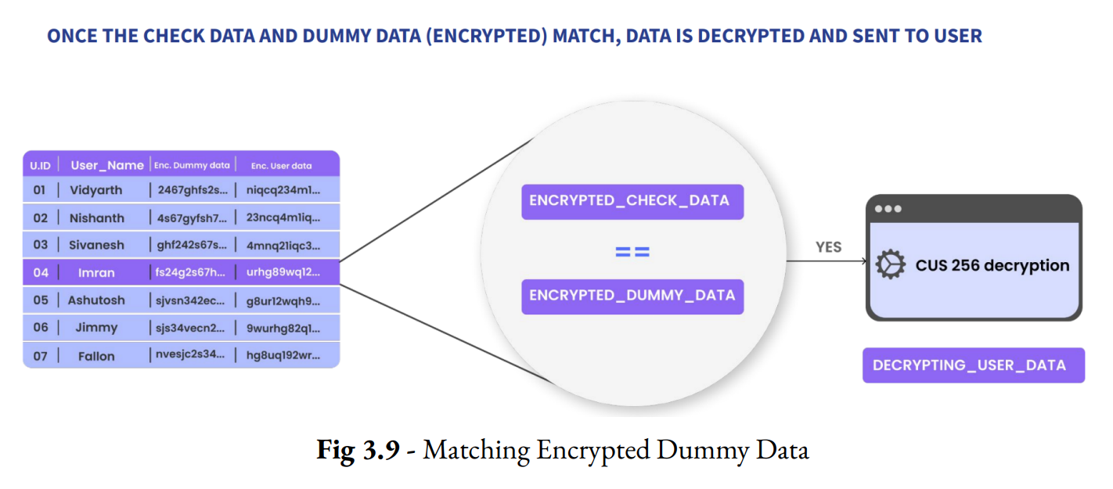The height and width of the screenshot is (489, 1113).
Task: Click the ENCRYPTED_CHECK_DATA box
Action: tap(632, 200)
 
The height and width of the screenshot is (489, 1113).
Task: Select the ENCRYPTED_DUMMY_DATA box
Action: tap(632, 295)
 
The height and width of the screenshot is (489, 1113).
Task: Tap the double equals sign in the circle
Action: tap(632, 252)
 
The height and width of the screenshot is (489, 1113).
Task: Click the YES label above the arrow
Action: tap(828, 247)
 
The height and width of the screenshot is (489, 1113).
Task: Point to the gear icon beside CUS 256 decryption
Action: tap(890, 265)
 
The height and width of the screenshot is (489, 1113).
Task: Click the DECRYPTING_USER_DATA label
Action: tap(973, 365)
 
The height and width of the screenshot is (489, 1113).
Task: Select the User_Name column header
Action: tap(107, 165)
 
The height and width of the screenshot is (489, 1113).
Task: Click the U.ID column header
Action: tap(40, 165)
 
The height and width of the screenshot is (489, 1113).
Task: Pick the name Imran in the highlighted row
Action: tap(96, 273)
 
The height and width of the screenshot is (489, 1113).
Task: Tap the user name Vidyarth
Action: tap(96, 190)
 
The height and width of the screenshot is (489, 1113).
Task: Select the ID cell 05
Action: tap(40, 300)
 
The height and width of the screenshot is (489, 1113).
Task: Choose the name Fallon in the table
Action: tap(96, 356)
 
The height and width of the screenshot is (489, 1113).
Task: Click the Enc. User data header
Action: tap(281, 165)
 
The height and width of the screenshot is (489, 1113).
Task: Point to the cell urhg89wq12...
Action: tap(283, 273)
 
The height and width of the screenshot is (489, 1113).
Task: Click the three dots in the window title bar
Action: tap(888, 209)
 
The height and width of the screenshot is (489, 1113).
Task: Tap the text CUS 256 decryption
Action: tap(992, 265)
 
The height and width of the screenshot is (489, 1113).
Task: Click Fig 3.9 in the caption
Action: tap(358, 450)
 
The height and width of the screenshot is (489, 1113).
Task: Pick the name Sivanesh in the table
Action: tap(96, 245)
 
